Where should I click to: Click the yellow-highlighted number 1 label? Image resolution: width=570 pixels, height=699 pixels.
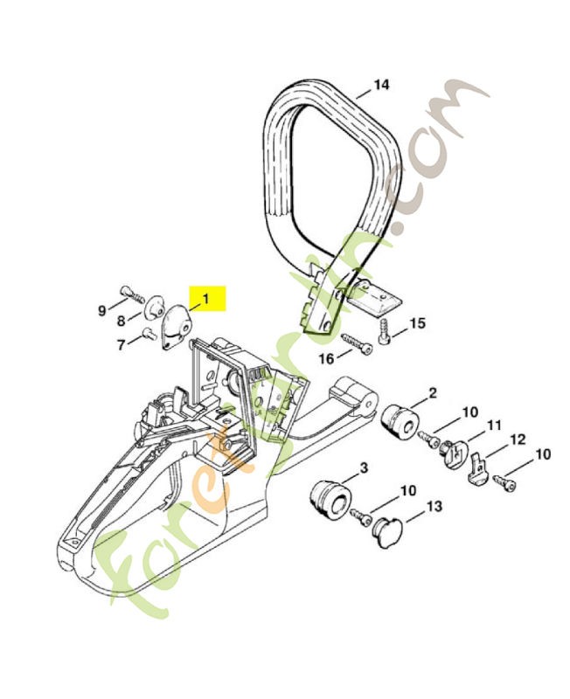[x=206, y=298]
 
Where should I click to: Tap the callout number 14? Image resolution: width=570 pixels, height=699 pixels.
[x=381, y=85]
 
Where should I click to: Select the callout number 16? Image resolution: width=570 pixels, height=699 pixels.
[x=326, y=358]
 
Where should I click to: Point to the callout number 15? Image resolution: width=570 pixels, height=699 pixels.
[x=418, y=323]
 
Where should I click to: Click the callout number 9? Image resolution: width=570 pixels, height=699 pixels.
[x=102, y=311]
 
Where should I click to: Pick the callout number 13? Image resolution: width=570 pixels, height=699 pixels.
[x=434, y=507]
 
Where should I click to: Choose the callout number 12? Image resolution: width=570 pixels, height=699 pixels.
[x=518, y=439]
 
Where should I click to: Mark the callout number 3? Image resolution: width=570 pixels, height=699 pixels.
[x=364, y=468]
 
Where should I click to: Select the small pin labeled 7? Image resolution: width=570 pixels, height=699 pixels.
[x=147, y=333]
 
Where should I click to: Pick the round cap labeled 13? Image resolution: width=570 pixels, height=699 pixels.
[x=387, y=533]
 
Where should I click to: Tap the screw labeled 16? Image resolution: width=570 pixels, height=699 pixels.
[x=357, y=343]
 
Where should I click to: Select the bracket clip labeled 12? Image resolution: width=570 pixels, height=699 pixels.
[x=478, y=468]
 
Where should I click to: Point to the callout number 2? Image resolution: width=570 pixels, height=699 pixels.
[x=433, y=393]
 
